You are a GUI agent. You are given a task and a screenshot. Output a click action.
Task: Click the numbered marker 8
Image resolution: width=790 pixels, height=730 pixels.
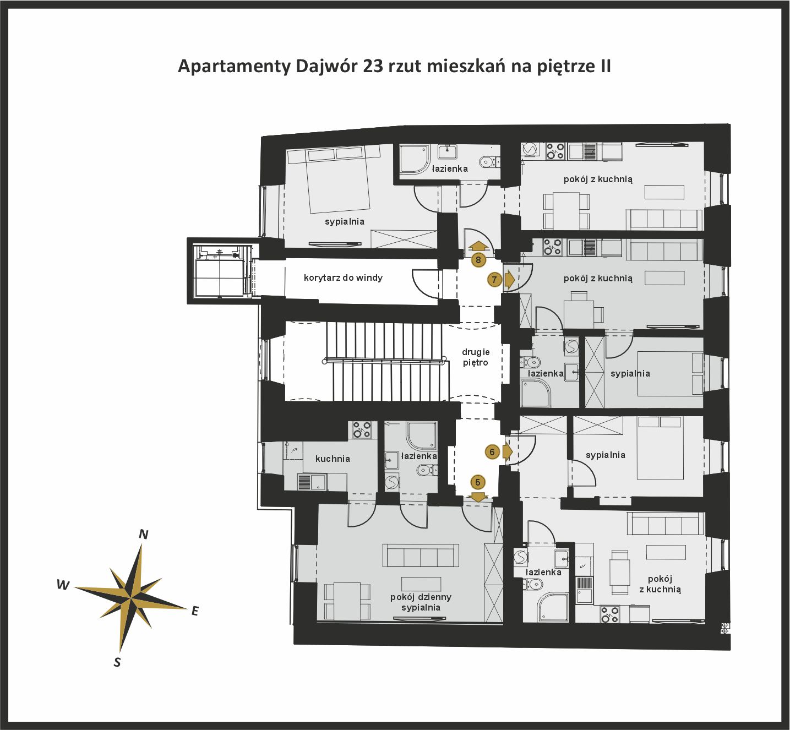(478, 260)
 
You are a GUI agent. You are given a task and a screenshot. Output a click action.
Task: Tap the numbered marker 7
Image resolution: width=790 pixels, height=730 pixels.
(494, 280)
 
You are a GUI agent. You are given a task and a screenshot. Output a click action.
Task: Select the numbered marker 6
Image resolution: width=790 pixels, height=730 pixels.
(492, 452)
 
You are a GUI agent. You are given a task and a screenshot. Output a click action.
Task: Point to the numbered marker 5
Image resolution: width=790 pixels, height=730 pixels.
(478, 483)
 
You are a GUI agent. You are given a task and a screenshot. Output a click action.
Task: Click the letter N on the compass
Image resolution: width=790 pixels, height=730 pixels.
(144, 535)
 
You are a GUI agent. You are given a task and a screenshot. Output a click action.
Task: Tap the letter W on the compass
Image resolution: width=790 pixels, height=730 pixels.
(63, 585)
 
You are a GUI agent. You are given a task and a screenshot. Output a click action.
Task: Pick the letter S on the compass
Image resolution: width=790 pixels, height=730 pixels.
(117, 662)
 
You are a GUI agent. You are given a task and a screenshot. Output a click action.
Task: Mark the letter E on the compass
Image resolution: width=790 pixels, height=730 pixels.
(195, 611)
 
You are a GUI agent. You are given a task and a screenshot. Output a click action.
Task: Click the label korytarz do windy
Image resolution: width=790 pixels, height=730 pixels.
(343, 277)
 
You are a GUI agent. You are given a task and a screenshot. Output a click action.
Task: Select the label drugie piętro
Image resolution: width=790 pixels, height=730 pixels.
(476, 357)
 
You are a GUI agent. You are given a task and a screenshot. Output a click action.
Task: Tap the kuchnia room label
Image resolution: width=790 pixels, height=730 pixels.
(333, 459)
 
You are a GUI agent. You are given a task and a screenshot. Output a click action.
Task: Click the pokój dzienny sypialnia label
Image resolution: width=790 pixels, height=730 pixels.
(421, 602)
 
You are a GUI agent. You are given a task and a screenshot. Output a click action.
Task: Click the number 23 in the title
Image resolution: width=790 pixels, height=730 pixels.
(373, 66)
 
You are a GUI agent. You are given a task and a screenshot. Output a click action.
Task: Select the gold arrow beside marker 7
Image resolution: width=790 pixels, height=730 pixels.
(510, 280)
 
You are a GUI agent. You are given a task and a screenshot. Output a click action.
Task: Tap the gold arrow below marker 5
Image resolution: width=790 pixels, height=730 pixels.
(478, 497)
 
